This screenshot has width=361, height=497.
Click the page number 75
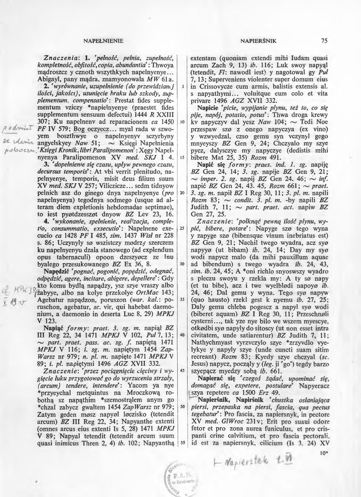coord(325,41)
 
